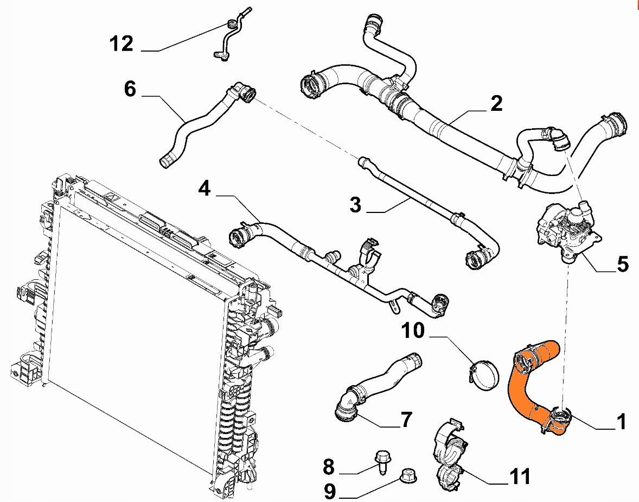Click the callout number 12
pyautogui.click(x=122, y=43)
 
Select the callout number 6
pyautogui.click(x=130, y=89)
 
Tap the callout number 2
pyautogui.click(x=496, y=104)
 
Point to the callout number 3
pyautogui.click(x=355, y=204)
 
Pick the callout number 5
pyautogui.click(x=622, y=264)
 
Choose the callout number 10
pyautogui.click(x=413, y=330)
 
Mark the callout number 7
pyautogui.click(x=406, y=420)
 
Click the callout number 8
pyautogui.click(x=329, y=467)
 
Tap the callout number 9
pyautogui.click(x=330, y=491)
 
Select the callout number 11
pyautogui.click(x=520, y=476)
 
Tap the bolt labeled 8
pyautogui.click(x=381, y=462)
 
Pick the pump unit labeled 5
pyautogui.click(x=568, y=230)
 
